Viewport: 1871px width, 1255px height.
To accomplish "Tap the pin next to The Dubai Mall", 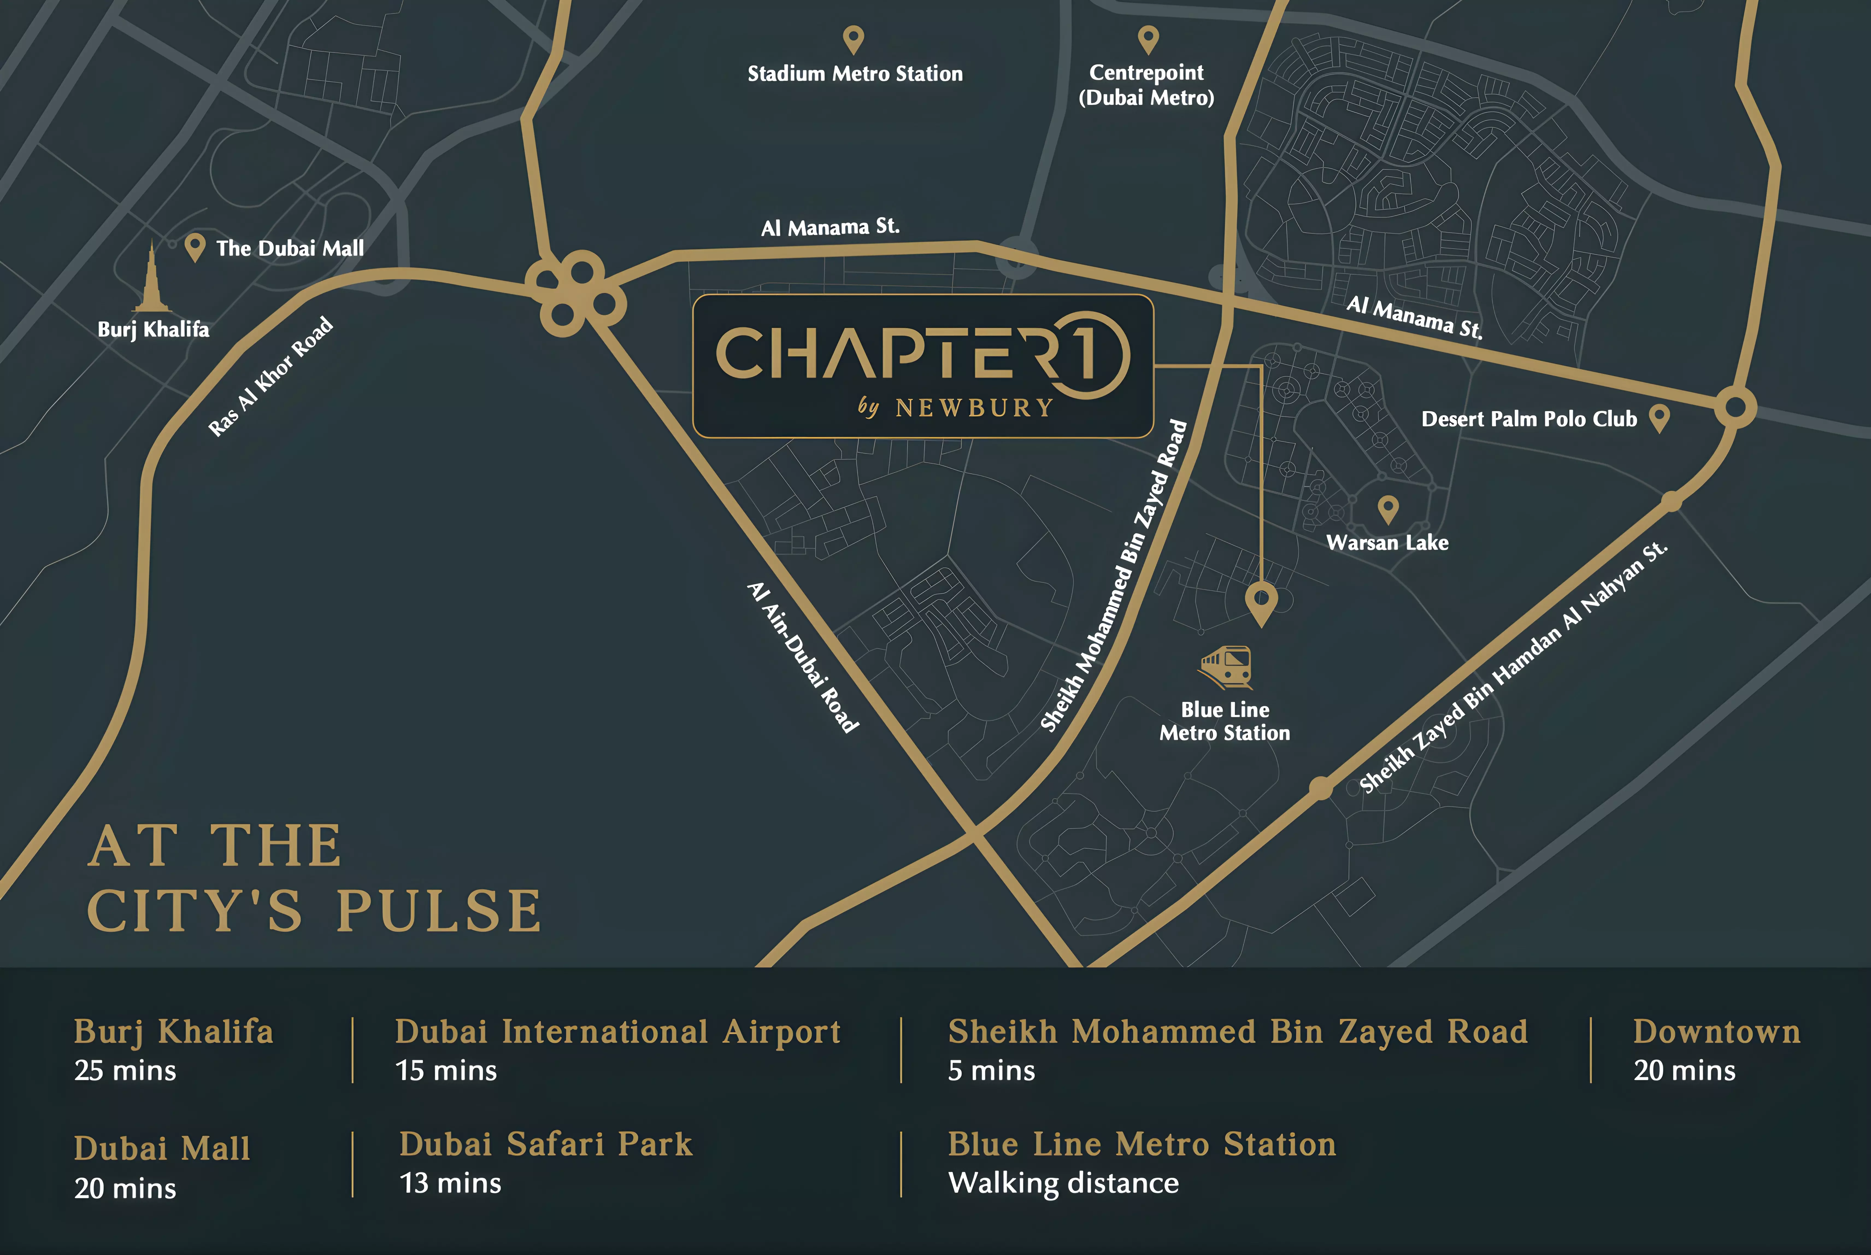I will pyautogui.click(x=194, y=247).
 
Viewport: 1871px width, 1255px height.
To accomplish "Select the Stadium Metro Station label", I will pyautogui.click(x=854, y=74).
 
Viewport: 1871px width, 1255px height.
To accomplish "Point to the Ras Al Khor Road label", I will pyautogui.click(x=270, y=376).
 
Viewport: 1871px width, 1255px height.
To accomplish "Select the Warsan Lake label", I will pyautogui.click(x=1387, y=543).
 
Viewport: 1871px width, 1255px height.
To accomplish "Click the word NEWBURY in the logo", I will pyautogui.click(x=974, y=408).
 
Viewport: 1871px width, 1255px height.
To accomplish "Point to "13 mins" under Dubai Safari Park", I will pyautogui.click(x=450, y=1183).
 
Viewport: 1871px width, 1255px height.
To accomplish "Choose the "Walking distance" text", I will pyautogui.click(x=1063, y=1183).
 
